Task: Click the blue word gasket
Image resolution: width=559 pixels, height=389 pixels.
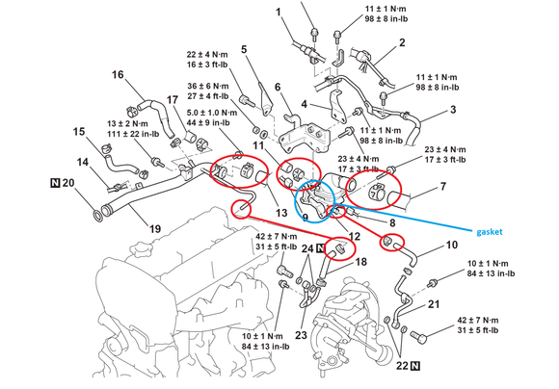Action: point(490,232)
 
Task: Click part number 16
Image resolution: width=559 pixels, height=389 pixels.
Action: point(118,75)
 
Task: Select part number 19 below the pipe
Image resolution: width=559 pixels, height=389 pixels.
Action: point(155,229)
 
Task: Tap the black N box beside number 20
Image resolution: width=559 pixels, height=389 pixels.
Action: point(55,183)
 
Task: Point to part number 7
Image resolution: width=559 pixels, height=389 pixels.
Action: point(443,186)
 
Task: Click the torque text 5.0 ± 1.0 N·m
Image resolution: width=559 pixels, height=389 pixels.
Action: point(212,113)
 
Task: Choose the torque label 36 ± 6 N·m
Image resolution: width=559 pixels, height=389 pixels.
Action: point(208,87)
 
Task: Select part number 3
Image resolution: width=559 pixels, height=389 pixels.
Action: point(453,110)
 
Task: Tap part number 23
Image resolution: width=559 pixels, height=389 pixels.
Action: point(301,335)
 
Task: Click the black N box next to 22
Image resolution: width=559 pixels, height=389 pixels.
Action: point(415,366)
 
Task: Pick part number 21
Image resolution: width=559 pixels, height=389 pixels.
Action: point(434,304)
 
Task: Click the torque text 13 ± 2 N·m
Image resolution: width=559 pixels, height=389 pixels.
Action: point(127,124)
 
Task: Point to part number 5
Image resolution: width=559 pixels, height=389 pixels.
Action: point(244,49)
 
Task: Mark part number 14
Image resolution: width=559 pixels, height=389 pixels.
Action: point(82,162)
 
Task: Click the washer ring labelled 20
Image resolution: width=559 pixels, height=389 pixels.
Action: point(97,216)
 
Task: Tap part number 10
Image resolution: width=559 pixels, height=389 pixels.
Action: point(452,246)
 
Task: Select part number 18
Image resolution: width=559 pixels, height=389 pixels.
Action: point(360,262)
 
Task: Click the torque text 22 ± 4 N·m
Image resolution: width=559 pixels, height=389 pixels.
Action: point(207,55)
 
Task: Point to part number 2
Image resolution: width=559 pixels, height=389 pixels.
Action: point(402,42)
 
